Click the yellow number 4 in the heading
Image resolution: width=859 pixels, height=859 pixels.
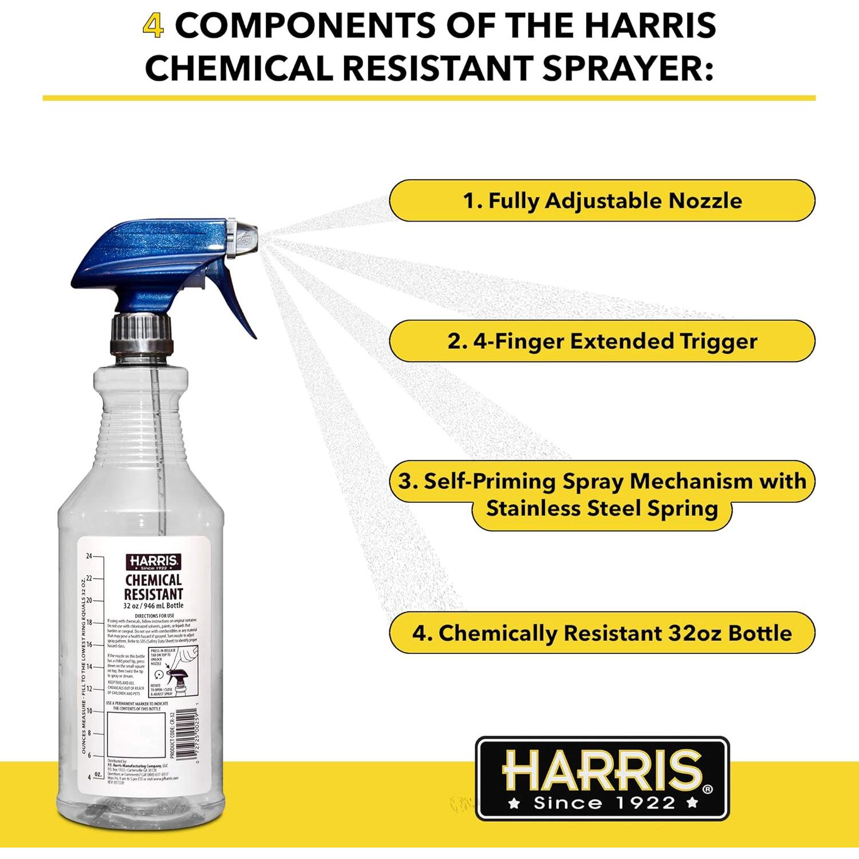(x=153, y=26)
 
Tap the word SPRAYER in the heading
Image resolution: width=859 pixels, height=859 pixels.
(x=627, y=69)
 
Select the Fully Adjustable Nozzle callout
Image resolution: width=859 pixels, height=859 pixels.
(x=602, y=201)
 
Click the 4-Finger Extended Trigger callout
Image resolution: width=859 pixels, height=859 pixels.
(x=602, y=341)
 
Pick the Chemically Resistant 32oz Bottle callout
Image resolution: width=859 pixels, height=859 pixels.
(x=602, y=633)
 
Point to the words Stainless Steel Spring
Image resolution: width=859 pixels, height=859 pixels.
(x=602, y=509)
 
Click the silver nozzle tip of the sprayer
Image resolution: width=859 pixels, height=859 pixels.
(x=243, y=235)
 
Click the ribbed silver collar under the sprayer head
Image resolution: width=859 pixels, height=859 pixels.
(x=141, y=335)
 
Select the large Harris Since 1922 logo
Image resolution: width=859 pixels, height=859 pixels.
(x=602, y=778)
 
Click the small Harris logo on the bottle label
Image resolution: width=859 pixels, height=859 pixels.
(x=153, y=562)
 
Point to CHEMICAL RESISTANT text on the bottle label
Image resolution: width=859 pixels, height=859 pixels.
(x=153, y=588)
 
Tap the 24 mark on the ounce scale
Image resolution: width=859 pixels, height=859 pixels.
(x=89, y=556)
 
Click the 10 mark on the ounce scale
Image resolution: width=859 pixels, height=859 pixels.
(x=89, y=711)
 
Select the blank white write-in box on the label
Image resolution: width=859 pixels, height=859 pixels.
(x=136, y=735)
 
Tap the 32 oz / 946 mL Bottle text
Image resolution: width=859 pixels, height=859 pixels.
(x=153, y=606)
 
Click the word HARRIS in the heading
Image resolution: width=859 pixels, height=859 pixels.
(x=647, y=26)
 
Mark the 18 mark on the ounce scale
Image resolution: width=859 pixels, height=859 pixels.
(x=89, y=622)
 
